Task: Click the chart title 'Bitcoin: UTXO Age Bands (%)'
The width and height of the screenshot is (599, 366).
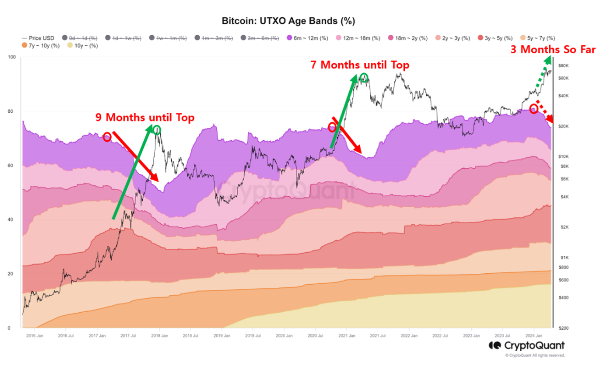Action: click(288, 21)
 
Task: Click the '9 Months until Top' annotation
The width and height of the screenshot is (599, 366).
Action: click(145, 118)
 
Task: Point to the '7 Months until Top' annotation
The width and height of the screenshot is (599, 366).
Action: click(360, 65)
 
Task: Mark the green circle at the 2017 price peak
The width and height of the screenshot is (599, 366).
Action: click(157, 129)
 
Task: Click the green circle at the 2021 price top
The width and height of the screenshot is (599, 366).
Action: click(364, 78)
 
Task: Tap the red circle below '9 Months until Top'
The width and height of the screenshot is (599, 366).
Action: click(107, 137)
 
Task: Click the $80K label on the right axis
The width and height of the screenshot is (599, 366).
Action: click(564, 66)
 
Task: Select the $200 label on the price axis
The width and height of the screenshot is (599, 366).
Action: click(564, 328)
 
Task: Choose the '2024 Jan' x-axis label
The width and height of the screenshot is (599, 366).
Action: click(534, 335)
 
